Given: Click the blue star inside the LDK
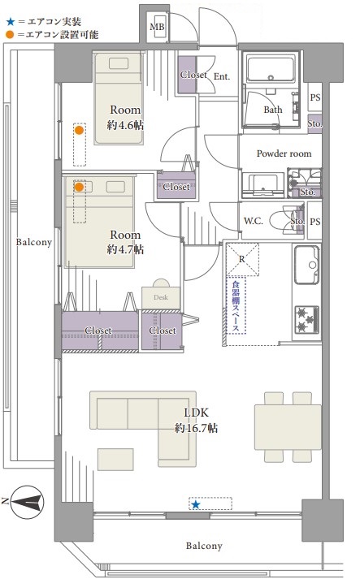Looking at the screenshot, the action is pos(196,505).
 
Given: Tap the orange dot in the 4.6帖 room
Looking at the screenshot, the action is pos(79,130).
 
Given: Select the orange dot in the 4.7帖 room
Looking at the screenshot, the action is pos(79,188).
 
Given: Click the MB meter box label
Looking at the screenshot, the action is pos(157,27).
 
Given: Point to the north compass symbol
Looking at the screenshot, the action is pos(27,502).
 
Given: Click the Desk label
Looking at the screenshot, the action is pos(161,297).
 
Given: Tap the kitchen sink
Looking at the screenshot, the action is pos(307,265).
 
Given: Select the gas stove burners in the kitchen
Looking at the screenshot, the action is pos(307,318).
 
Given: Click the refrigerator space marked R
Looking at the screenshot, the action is pos(242,259).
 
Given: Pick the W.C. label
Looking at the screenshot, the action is pos(254,221).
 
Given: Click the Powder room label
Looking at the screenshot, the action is pos(284,153).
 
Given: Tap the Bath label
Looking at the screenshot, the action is pos(273,110).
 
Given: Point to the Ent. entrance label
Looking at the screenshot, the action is pos(222,76).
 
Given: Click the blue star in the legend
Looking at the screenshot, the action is pos(11,22).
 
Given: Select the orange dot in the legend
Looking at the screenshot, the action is pos(10,35).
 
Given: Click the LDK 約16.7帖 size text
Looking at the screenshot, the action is pos(197,428).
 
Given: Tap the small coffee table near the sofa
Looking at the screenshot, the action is pos(115,460).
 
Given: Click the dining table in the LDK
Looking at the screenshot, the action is pos(288,427).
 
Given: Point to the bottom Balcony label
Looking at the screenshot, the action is pos(204,546).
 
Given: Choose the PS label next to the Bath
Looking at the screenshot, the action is pos(315,97).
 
